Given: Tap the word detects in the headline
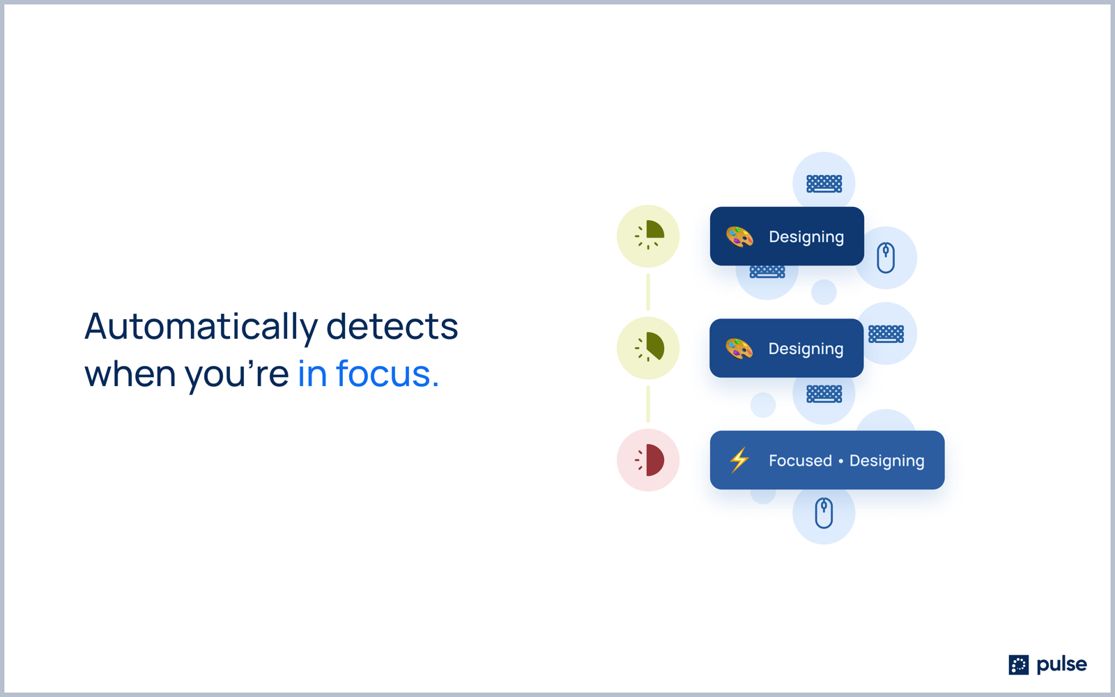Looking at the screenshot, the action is tap(392, 327).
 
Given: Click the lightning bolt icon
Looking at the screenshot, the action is tap(739, 460).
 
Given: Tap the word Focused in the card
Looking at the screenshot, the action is tap(800, 461).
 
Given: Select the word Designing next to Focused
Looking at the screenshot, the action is tap(886, 461).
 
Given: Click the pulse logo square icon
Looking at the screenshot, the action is tap(1018, 665).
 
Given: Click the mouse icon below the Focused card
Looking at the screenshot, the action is tap(824, 513).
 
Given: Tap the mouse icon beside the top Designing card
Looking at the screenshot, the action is tap(886, 258).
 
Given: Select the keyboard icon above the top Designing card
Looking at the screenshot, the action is tap(824, 184).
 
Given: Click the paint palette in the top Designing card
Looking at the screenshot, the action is tap(739, 236).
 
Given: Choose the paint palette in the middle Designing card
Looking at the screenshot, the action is tap(739, 348).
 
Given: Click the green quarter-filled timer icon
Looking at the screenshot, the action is tap(649, 236).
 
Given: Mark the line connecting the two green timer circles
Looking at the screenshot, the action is tap(648, 292).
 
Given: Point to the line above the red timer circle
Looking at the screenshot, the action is tap(648, 404).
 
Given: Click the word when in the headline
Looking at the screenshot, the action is tap(130, 374).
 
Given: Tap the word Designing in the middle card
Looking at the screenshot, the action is tap(806, 349).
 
